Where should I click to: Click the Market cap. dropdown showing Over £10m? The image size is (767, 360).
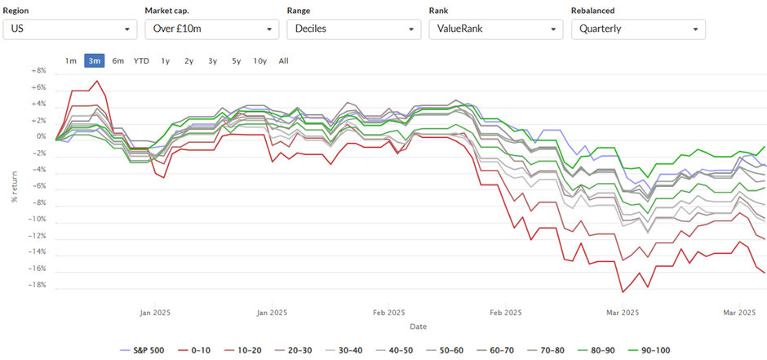(212, 29)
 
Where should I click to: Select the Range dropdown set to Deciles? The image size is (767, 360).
(353, 29)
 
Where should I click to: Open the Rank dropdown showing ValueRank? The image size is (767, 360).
(496, 29)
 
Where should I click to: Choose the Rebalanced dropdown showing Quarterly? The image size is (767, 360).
(638, 29)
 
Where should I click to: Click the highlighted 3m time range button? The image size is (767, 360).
(95, 60)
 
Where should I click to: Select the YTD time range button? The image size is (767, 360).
(141, 60)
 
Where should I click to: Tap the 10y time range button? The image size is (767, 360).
(260, 60)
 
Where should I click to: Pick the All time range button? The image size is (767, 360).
(284, 60)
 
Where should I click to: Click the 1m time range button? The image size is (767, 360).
(70, 60)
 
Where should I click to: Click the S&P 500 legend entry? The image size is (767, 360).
(142, 350)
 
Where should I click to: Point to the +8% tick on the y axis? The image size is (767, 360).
(38, 71)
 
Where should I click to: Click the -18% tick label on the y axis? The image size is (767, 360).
(38, 285)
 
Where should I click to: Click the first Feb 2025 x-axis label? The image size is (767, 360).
(389, 313)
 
